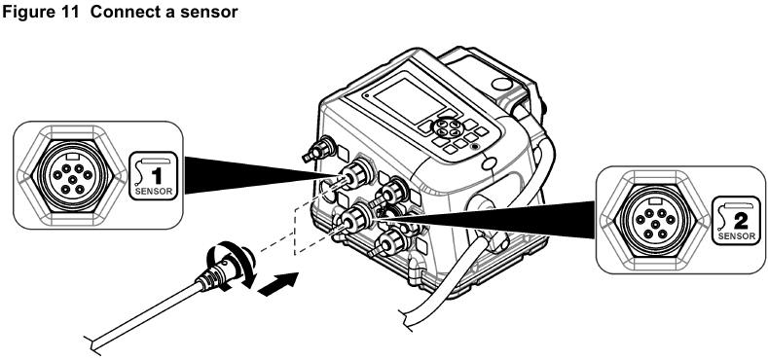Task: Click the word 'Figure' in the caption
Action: click(x=26, y=11)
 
